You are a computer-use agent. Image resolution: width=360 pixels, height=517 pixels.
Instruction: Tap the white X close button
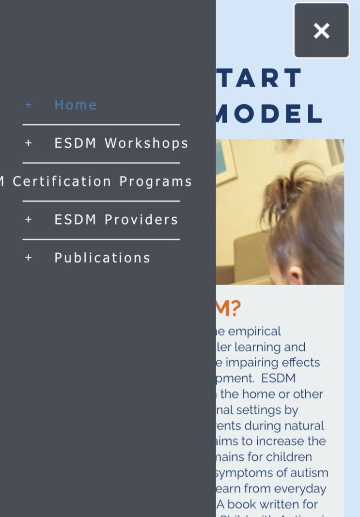click(322, 30)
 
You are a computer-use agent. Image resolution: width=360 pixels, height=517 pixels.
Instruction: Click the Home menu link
click(75, 105)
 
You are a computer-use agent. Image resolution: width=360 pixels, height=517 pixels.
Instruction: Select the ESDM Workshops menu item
click(121, 143)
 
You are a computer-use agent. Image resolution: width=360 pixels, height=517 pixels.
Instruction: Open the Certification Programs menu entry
click(102, 182)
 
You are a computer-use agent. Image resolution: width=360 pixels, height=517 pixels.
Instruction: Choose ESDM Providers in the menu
click(116, 219)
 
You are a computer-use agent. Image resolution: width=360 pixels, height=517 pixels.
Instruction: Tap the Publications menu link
click(102, 258)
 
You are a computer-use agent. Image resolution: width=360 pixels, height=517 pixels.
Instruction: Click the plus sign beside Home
click(29, 105)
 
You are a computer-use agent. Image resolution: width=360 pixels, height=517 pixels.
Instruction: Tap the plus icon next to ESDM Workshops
click(29, 143)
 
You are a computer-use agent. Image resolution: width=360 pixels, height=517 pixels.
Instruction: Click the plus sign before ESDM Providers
click(29, 219)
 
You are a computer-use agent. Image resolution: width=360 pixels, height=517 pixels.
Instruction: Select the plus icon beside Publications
click(29, 258)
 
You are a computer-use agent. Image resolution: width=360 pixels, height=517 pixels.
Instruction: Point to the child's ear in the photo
click(295, 275)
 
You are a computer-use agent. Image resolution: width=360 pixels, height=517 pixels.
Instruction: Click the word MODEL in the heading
click(269, 114)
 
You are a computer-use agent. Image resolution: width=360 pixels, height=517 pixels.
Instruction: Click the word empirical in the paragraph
click(254, 332)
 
